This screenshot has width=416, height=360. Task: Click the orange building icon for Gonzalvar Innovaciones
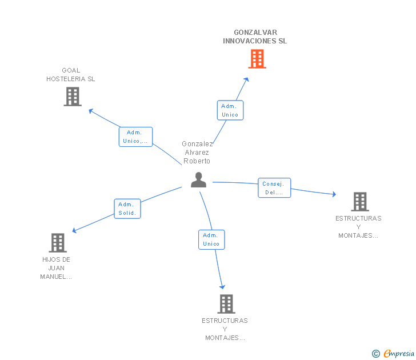(x=257, y=59)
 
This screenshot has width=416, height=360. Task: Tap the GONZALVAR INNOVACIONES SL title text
(x=255, y=37)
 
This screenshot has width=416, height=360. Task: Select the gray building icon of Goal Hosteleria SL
(x=73, y=97)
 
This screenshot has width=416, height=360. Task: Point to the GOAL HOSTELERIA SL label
(x=71, y=74)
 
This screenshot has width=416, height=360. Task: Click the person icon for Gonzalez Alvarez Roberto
(x=198, y=180)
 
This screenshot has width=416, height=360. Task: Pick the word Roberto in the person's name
(x=197, y=161)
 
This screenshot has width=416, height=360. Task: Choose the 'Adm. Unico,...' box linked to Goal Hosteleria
(x=135, y=137)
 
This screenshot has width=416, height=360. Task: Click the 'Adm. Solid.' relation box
(x=127, y=209)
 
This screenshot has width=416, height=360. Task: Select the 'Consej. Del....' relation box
(x=274, y=188)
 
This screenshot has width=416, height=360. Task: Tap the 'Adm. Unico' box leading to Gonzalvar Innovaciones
(x=230, y=110)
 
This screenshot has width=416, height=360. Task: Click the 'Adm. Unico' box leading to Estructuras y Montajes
(x=211, y=239)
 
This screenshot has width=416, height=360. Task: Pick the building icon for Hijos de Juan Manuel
(x=58, y=243)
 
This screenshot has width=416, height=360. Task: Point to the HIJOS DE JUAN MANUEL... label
(x=56, y=268)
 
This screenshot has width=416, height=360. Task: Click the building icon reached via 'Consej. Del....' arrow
(x=360, y=202)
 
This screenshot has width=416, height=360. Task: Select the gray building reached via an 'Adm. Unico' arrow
(x=226, y=304)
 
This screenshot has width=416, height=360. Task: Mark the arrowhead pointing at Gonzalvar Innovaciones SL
(x=247, y=79)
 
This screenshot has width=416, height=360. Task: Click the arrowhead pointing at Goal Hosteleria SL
(x=91, y=111)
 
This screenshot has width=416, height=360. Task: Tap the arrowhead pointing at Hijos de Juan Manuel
(x=74, y=230)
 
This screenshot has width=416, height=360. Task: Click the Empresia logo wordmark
(x=399, y=354)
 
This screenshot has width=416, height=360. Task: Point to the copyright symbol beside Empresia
(x=376, y=354)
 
